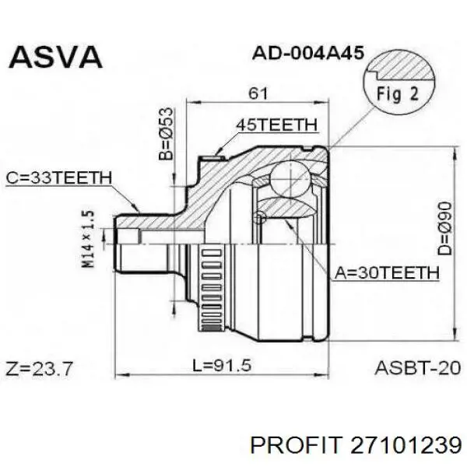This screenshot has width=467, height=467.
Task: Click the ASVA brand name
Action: click(x=56, y=57)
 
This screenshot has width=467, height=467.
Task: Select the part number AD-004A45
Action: click(x=308, y=54)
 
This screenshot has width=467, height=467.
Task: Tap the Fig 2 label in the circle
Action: click(x=398, y=93)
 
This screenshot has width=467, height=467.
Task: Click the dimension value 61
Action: click(x=258, y=93)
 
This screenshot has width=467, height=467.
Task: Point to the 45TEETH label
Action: click(x=276, y=125)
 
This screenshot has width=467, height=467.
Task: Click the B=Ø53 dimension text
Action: click(x=166, y=134)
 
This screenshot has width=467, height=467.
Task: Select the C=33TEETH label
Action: click(x=59, y=177)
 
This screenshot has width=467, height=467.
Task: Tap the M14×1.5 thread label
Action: click(x=88, y=240)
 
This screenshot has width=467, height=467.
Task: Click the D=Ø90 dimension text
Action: click(x=444, y=228)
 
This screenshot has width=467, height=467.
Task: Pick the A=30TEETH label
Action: click(x=387, y=272)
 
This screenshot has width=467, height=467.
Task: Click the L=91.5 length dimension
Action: click(x=222, y=365)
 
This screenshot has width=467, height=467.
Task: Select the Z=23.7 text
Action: click(x=39, y=369)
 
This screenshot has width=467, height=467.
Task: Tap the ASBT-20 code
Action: click(x=418, y=368)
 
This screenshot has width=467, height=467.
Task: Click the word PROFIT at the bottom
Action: click(x=296, y=445)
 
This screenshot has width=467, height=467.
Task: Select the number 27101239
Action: click(x=406, y=445)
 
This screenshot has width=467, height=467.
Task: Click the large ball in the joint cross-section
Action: click(x=290, y=180)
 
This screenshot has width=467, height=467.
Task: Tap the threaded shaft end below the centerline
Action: click(x=142, y=258)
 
